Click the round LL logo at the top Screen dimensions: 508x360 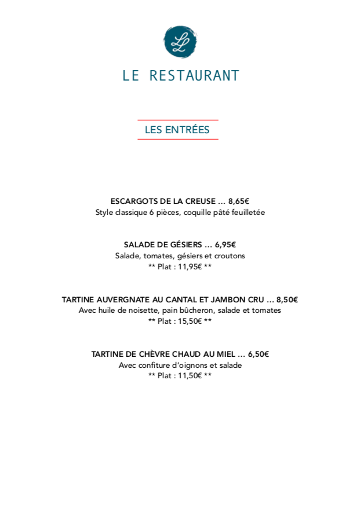point(180,42)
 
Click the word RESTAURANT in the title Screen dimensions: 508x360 point(194,76)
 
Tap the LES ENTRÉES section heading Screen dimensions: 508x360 point(177,130)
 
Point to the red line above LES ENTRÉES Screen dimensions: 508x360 point(177,120)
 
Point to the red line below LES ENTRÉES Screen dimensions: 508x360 point(177,139)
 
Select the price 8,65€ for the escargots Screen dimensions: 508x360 point(239,202)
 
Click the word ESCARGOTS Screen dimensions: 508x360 point(132,202)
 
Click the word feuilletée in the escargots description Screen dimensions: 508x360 point(246,213)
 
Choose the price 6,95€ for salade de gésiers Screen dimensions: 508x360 point(226,245)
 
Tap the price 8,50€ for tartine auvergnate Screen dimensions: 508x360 point(287,300)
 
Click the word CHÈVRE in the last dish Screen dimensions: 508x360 point(159,354)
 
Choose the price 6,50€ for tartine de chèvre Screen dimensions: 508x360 point(259,354)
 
